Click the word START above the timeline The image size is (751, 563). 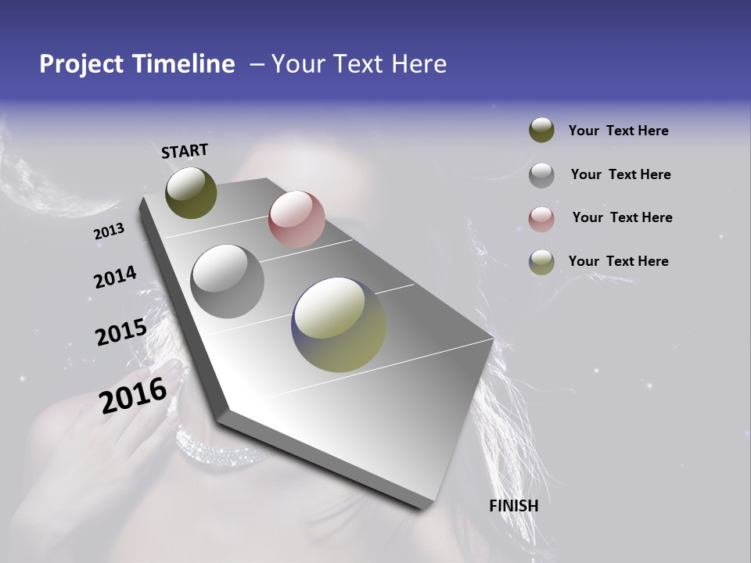click(185, 151)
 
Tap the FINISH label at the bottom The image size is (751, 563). click(514, 506)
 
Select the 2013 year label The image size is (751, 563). click(109, 231)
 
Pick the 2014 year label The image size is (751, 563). click(115, 278)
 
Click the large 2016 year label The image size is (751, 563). click(133, 395)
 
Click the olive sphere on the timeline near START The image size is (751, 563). click(191, 192)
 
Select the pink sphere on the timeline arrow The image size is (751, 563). click(296, 219)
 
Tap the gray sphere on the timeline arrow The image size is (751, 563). click(227, 281)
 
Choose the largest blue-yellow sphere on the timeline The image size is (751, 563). click(339, 325)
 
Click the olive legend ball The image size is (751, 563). click(541, 131)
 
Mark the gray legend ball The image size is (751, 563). click(541, 174)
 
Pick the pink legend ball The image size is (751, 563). click(541, 218)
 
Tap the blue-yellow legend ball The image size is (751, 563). click(541, 262)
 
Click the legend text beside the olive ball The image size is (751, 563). click(619, 131)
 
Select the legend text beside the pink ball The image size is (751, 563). click(622, 217)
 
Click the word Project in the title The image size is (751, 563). click(82, 64)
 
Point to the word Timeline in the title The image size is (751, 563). click(183, 64)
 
